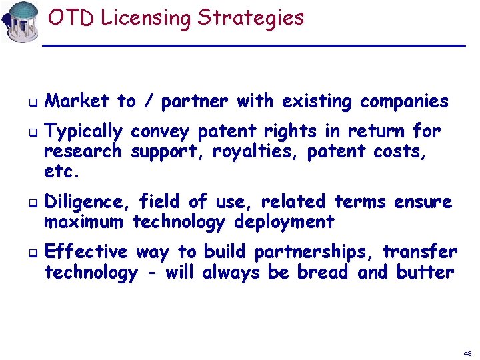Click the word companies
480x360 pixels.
coord(404,102)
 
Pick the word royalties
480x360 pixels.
coord(256,151)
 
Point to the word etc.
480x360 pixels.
coord(62,171)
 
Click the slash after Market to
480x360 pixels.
coord(149,102)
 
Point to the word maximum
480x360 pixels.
coord(84,221)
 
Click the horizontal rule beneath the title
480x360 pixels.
coord(253,45)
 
